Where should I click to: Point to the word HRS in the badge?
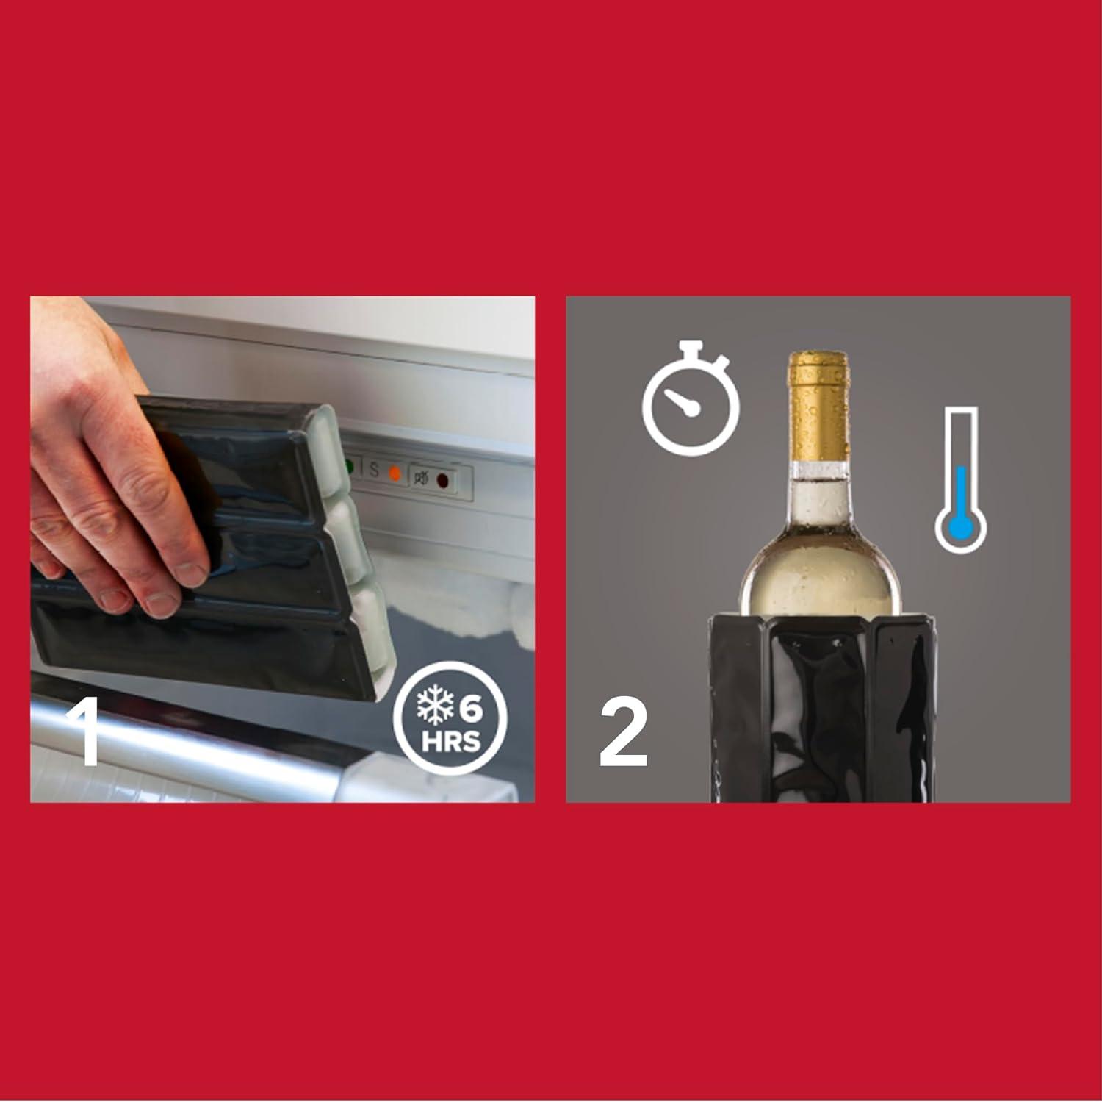point(451,741)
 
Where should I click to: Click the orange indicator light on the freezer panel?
point(395,472)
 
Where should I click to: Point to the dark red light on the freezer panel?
point(443,480)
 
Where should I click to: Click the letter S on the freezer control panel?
point(374,470)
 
